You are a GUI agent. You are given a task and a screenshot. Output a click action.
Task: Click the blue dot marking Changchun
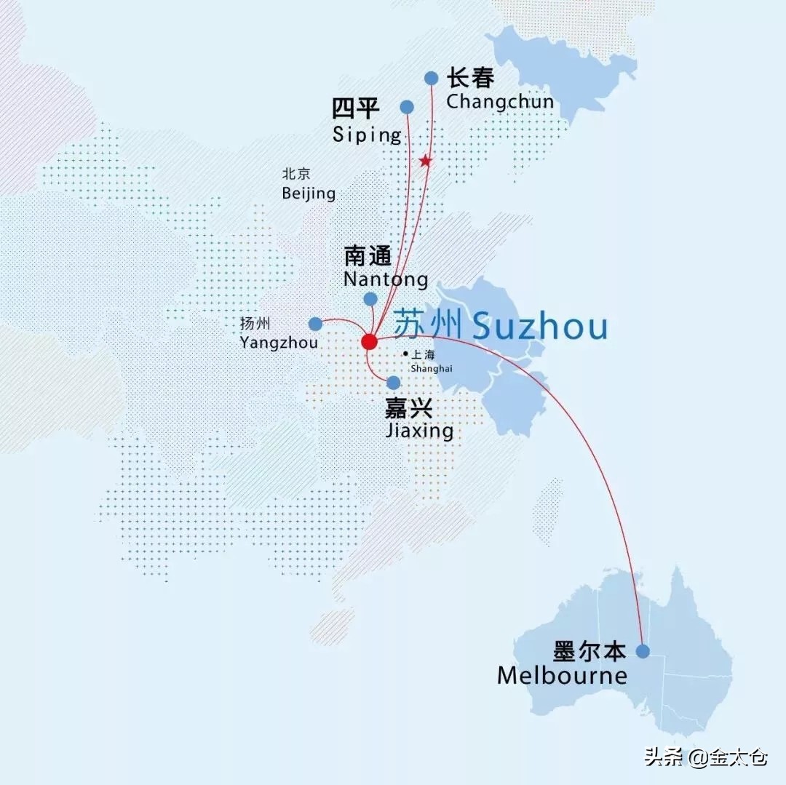coord(432,78)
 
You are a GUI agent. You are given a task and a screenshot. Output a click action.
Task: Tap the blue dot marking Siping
coord(408,108)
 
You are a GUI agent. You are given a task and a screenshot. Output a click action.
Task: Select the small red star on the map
coord(426,161)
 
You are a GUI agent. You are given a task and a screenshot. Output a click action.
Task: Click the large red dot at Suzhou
coord(369,341)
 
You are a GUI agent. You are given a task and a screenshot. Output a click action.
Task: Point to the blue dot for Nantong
coord(370,299)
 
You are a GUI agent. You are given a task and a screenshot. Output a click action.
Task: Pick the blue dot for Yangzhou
coord(315,324)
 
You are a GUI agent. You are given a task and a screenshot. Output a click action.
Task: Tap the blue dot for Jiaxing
coord(394,383)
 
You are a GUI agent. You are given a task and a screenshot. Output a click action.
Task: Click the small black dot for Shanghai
coord(405,354)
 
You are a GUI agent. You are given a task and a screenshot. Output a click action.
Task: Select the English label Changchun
coord(500,101)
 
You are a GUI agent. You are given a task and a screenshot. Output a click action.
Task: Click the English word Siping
coord(367,135)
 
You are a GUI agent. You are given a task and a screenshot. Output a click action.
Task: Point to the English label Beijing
coord(309,194)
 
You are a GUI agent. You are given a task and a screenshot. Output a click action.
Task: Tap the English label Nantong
coord(386,279)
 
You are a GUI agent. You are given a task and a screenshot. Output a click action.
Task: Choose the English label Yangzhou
coord(279,342)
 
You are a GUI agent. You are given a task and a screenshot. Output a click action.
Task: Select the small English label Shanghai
coord(431,368)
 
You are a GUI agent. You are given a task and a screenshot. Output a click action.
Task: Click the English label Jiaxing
coord(418,431)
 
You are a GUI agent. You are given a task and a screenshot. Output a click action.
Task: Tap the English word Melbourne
coord(562,676)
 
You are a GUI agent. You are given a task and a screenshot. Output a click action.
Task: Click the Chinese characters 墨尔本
coord(589,652)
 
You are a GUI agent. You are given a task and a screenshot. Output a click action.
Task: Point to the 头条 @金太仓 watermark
coord(705,758)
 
